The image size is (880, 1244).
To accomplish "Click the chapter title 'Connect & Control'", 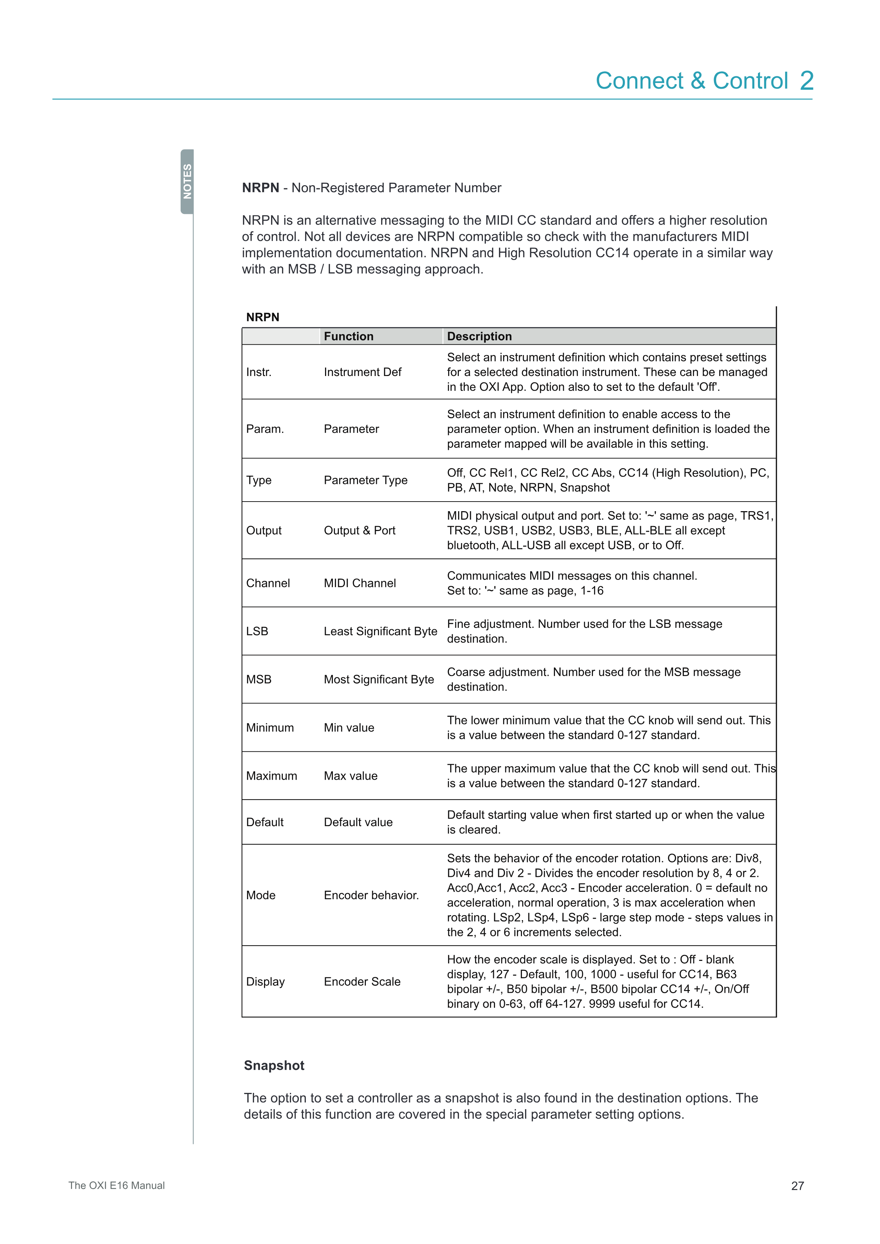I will click(x=692, y=81).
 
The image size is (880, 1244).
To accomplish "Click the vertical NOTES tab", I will click(x=187, y=182).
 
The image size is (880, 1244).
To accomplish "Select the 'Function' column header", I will click(x=348, y=337).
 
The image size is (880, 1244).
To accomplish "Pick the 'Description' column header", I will click(x=479, y=337).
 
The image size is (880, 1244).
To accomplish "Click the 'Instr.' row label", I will click(x=258, y=372).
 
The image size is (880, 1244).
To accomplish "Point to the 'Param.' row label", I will click(x=265, y=429).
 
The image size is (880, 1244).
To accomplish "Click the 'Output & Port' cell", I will click(x=359, y=530).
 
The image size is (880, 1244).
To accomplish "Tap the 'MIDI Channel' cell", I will click(x=360, y=583).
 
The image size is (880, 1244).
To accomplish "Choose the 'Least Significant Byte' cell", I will click(x=380, y=631).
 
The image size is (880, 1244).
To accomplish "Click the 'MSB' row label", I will click(x=258, y=679).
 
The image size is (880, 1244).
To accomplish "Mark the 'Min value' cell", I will click(x=349, y=728).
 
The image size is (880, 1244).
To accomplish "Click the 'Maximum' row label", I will click(x=271, y=776).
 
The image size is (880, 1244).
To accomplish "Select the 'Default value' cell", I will click(x=358, y=822).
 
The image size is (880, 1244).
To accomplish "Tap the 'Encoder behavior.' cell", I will click(x=371, y=895).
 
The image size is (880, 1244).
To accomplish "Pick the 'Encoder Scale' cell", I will click(x=362, y=982).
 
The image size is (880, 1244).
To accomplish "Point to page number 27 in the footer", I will click(x=797, y=1185).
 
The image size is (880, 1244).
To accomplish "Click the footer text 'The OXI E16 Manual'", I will click(x=116, y=1185).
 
